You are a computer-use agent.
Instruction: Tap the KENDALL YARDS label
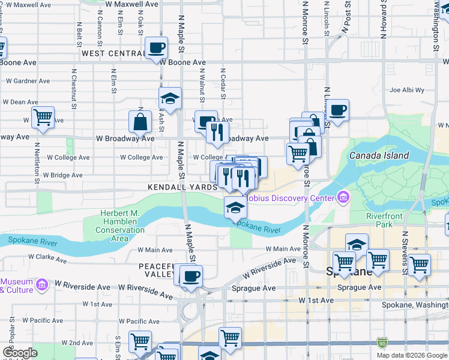[x=182, y=187]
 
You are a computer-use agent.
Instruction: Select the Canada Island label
[x=379, y=155]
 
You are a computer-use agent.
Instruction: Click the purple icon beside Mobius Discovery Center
[x=343, y=197]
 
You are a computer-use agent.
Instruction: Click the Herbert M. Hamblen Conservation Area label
[x=120, y=226]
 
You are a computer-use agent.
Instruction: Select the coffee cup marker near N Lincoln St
[x=338, y=110]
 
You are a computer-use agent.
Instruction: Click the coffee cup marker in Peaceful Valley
[x=191, y=276]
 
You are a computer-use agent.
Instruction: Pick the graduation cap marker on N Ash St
[x=170, y=98]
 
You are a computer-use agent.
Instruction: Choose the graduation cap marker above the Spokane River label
[x=236, y=208]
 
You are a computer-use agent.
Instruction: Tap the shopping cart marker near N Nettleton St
[x=43, y=117]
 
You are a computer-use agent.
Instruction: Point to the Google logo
[x=20, y=353]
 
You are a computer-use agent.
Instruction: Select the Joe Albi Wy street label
[x=403, y=91]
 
